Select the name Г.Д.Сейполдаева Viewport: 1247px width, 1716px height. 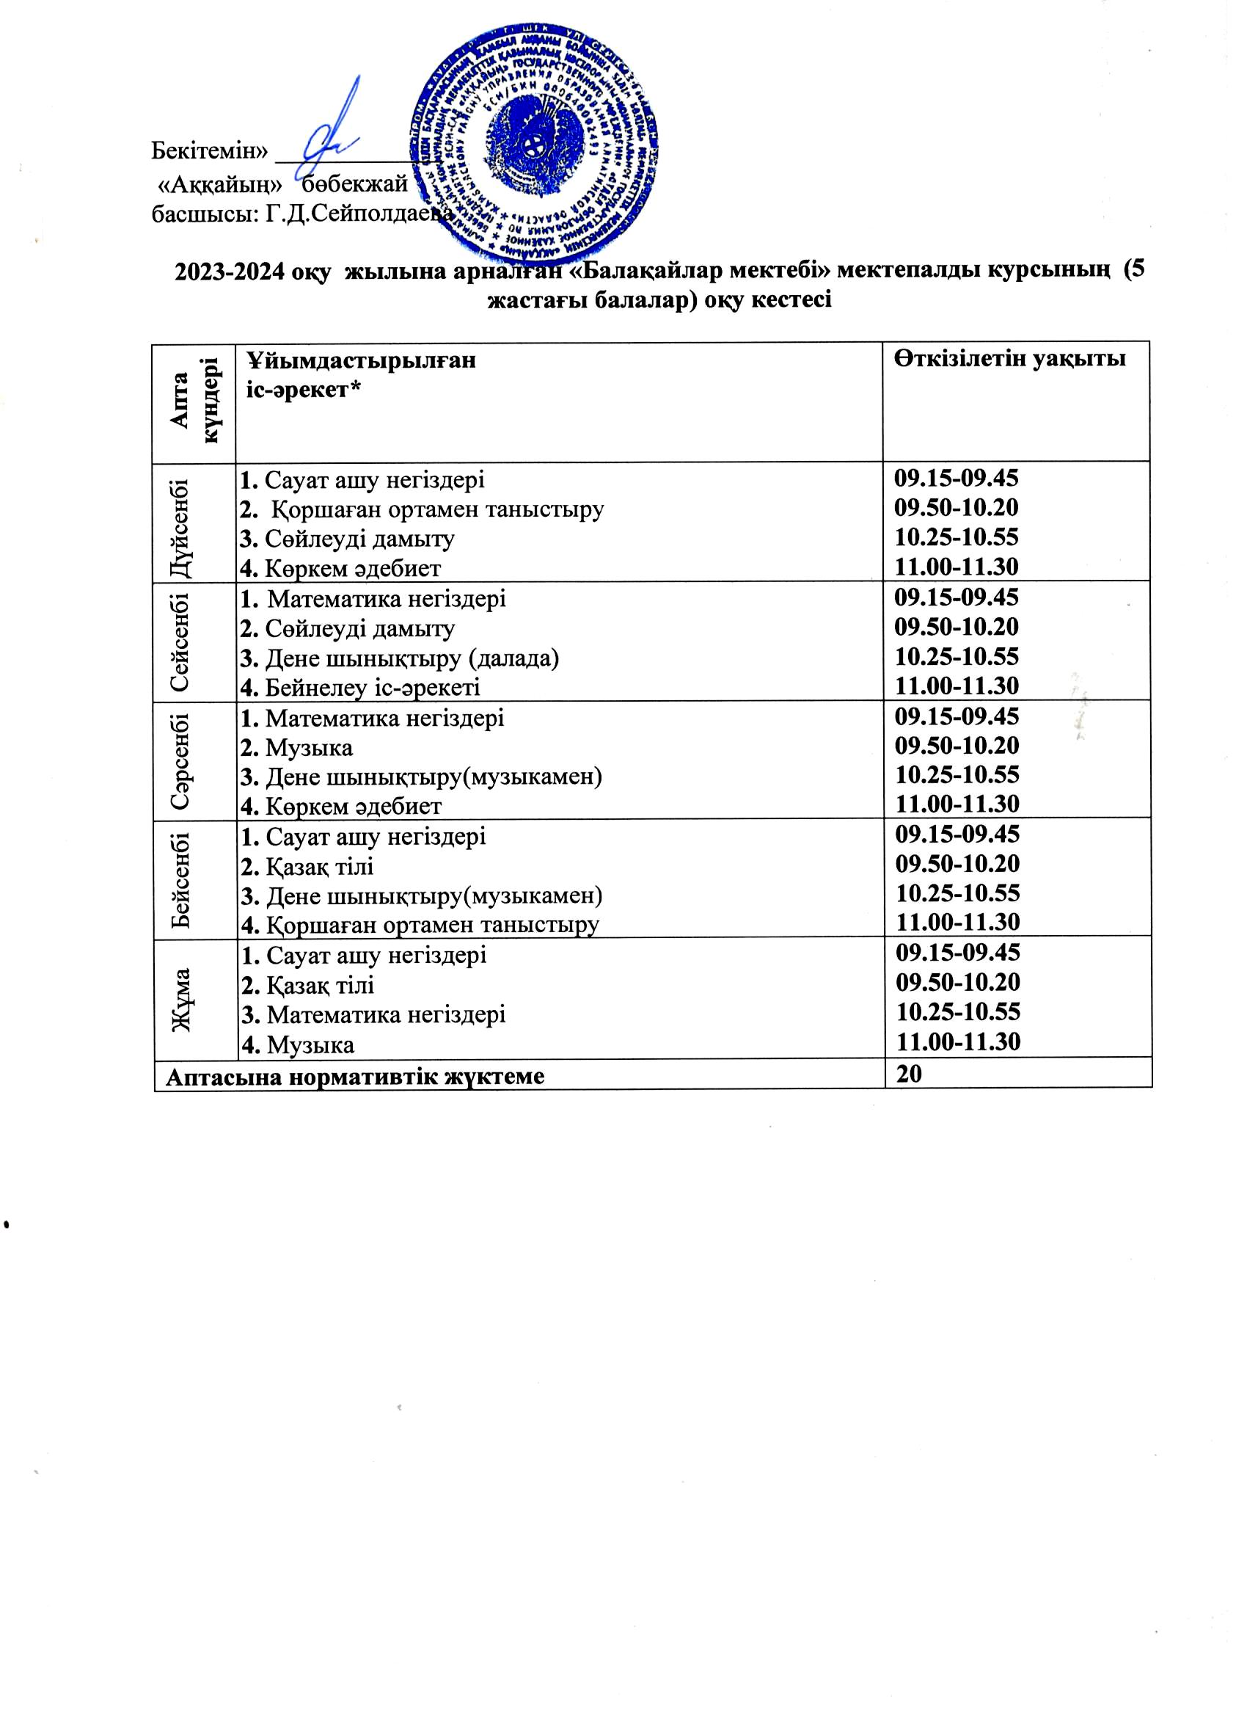[x=360, y=215]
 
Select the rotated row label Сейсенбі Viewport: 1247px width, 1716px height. [x=181, y=642]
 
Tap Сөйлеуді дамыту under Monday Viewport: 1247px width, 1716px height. [x=359, y=539]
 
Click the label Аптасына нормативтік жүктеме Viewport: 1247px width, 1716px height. [x=355, y=1077]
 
